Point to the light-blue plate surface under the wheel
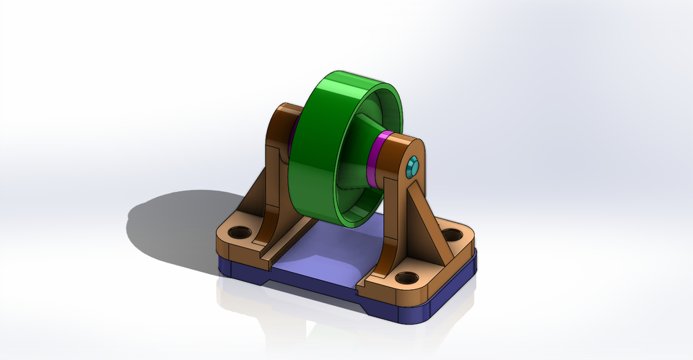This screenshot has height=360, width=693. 325,253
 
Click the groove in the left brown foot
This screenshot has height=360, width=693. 278,242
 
